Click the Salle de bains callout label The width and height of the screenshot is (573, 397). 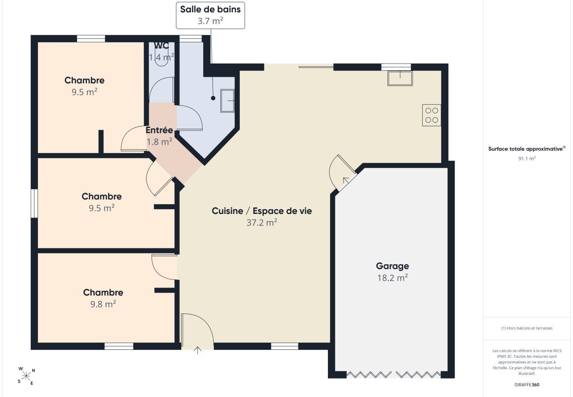click(x=210, y=9)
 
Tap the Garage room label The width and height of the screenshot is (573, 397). click(x=392, y=266)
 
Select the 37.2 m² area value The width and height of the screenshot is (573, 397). click(x=262, y=222)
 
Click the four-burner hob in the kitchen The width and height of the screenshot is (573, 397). click(x=432, y=115)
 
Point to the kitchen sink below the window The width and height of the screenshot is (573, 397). click(x=400, y=79)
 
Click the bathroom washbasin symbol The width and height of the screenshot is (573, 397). click(x=227, y=101)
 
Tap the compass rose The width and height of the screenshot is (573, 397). click(x=26, y=376)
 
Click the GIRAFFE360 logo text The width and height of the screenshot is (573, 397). click(x=527, y=385)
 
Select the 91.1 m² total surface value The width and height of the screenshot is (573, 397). click(x=527, y=159)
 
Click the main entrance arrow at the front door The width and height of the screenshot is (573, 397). click(x=197, y=350)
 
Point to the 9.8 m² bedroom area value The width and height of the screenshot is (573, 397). click(x=103, y=304)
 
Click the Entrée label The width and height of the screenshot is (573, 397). click(x=159, y=130)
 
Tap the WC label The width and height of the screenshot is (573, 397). click(x=162, y=45)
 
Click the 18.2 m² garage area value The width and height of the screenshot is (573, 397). click(x=392, y=278)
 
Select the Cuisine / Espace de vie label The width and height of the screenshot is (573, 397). click(x=262, y=211)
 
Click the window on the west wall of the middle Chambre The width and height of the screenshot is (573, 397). click(x=34, y=203)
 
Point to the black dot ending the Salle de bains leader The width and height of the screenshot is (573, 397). click(x=213, y=98)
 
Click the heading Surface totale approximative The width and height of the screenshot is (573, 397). click(x=526, y=149)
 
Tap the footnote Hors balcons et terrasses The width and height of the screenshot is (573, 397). click(x=527, y=328)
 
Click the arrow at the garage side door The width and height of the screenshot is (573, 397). click(x=346, y=180)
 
